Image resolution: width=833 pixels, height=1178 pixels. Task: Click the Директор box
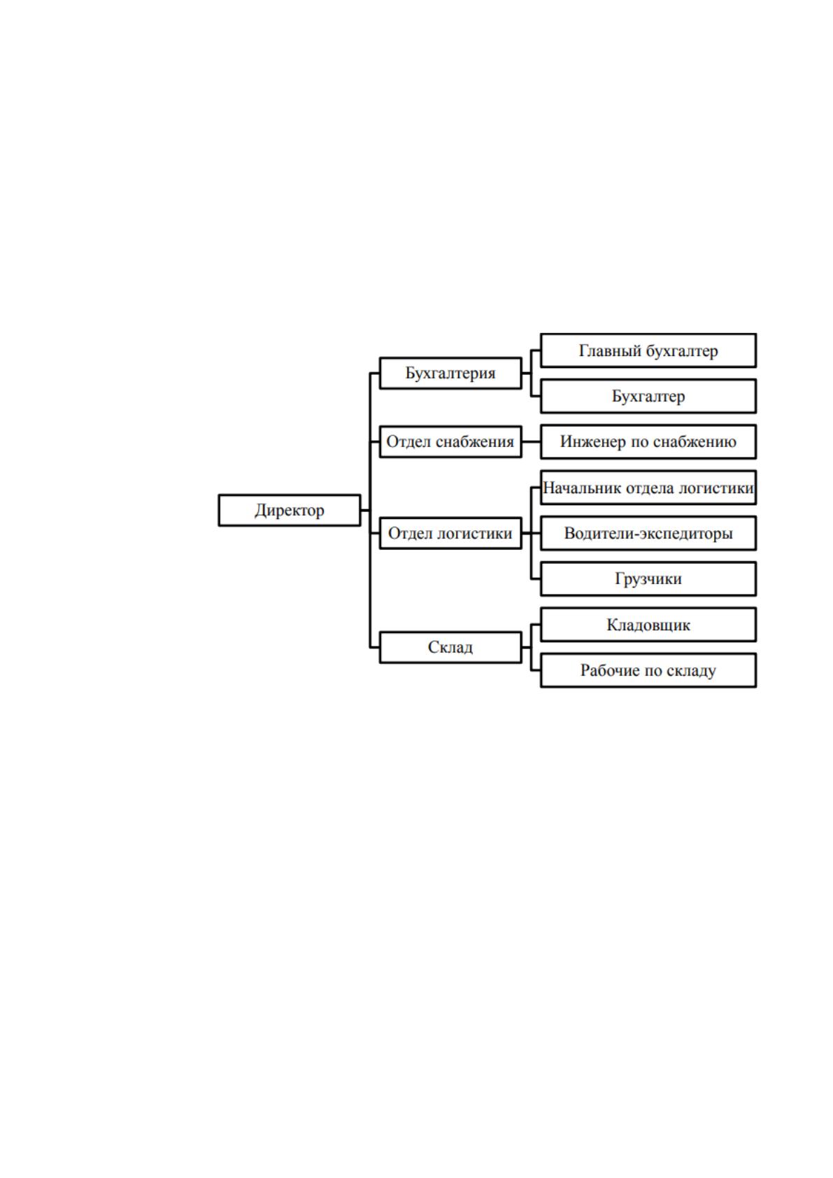(x=290, y=510)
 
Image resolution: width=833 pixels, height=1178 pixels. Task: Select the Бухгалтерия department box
(x=450, y=374)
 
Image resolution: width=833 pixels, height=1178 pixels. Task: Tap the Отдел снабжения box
(x=450, y=442)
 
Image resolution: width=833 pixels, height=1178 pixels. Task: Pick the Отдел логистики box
(x=450, y=533)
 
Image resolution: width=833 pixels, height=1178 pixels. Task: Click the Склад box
(x=450, y=647)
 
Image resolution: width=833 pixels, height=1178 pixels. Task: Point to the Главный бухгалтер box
(x=648, y=350)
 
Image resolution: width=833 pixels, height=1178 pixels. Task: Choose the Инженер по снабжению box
(x=648, y=442)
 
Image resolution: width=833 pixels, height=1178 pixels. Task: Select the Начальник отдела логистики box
(x=648, y=488)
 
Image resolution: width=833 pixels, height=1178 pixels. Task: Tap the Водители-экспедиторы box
(x=648, y=533)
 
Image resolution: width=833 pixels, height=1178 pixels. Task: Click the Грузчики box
(x=648, y=579)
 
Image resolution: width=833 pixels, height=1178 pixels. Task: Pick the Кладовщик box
(x=648, y=625)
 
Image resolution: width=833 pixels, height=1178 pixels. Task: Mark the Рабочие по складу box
(x=648, y=670)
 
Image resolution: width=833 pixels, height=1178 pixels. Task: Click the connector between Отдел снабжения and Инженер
(x=531, y=442)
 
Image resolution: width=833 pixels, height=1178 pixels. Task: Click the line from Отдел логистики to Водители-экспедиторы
(x=531, y=533)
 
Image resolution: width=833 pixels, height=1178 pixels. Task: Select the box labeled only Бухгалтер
(x=648, y=396)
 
